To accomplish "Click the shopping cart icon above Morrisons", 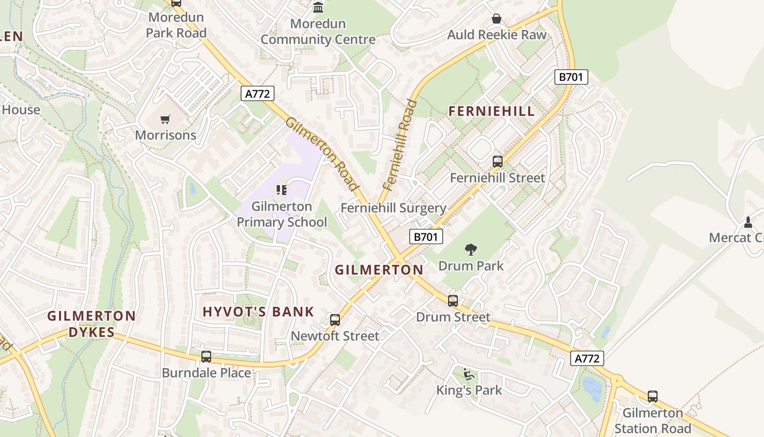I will [165, 119].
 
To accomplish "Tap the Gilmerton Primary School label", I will [282, 214].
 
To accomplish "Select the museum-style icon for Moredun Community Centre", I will [318, 7].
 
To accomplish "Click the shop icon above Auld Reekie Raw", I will [497, 19].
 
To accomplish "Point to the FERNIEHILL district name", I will [491, 111].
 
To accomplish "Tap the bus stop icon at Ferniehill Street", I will [497, 162].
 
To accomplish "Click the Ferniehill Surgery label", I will [393, 208].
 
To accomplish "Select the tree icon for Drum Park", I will [471, 250].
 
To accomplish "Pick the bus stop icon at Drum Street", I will [453, 300].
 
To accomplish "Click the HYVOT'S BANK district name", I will [258, 312].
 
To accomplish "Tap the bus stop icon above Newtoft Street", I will [335, 320].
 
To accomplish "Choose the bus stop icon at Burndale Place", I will [206, 357].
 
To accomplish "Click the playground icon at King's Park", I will [469, 374].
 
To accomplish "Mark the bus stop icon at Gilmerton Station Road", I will [653, 397].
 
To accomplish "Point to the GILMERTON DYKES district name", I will [91, 324].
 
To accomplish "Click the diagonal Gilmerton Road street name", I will [324, 155].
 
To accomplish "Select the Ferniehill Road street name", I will [400, 145].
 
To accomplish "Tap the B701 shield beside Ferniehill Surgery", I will [426, 237].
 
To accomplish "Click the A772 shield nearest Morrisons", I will [257, 93].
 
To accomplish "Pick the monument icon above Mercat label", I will [748, 222].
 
